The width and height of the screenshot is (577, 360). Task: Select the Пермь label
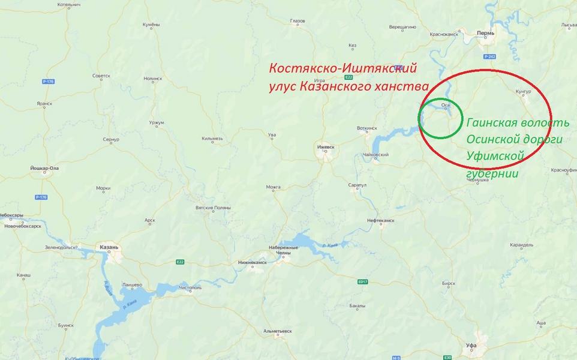pos(485,33)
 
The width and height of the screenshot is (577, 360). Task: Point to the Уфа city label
pos(471,346)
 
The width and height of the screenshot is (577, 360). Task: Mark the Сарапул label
pos(357,185)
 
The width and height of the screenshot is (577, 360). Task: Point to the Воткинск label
pos(366,128)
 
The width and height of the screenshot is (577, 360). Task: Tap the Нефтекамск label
pos(380,220)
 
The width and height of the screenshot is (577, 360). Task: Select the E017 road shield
pos(362,281)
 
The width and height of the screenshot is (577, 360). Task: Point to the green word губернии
pos(492,173)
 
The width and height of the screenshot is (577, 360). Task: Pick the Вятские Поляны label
pos(213,208)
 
